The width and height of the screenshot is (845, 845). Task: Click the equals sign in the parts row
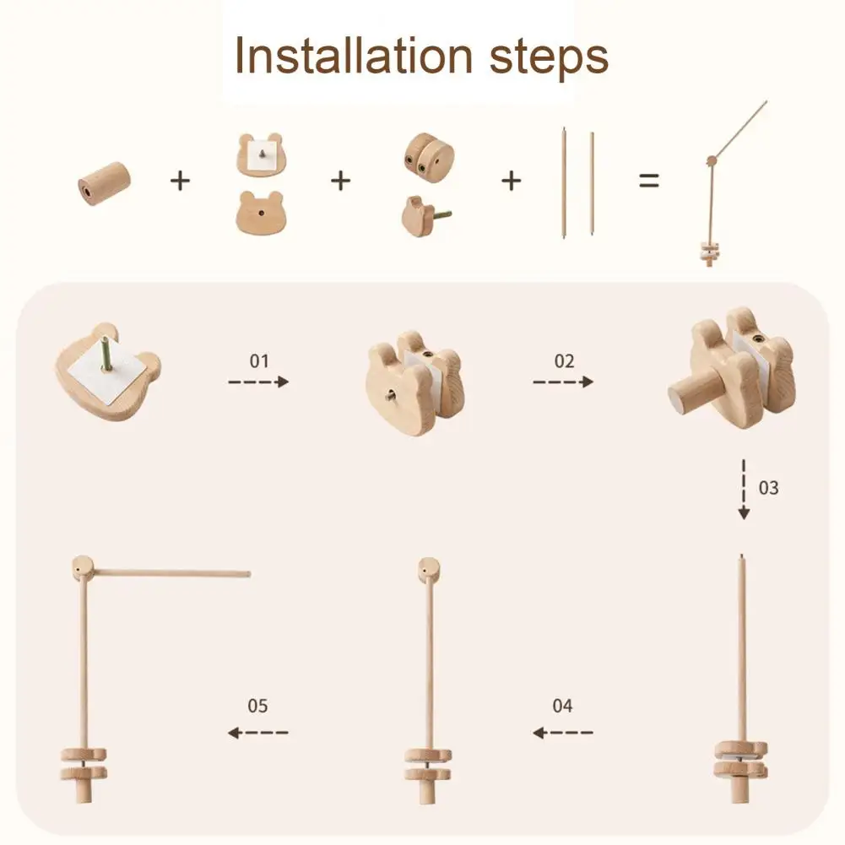click(x=648, y=180)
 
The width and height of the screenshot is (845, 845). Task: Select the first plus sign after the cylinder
click(x=181, y=180)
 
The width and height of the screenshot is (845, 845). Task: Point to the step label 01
click(x=258, y=361)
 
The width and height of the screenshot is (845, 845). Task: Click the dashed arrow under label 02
click(x=563, y=382)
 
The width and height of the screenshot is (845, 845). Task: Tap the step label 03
click(x=768, y=488)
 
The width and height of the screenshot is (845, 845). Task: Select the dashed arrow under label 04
click(x=563, y=732)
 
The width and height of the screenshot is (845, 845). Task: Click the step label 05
click(x=257, y=706)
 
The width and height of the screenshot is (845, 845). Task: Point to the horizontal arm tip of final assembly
click(x=246, y=574)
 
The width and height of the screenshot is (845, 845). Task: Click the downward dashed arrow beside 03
click(x=744, y=490)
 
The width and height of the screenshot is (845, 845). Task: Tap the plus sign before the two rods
click(x=512, y=180)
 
